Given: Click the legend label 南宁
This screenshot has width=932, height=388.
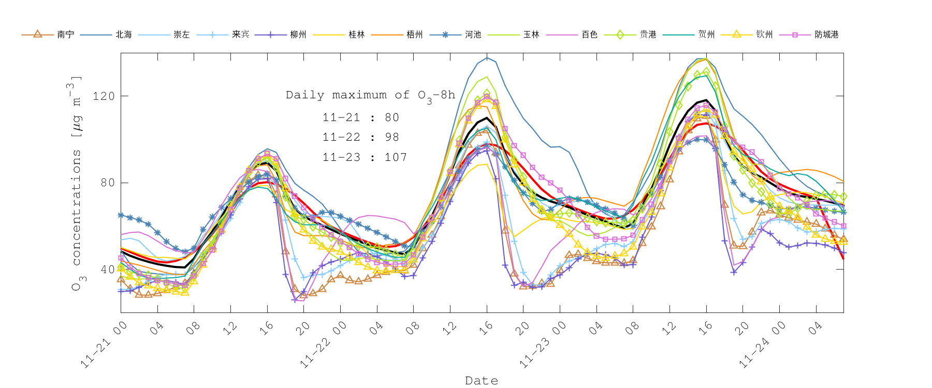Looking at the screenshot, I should point(66,35).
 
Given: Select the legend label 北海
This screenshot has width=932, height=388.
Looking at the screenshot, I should point(124,35).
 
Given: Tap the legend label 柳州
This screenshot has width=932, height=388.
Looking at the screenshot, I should point(298,35).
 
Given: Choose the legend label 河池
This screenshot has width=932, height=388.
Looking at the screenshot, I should point(473,35).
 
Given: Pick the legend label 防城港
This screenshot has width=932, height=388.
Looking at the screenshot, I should point(826,35).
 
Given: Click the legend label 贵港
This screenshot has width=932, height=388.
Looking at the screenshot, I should point(648,35).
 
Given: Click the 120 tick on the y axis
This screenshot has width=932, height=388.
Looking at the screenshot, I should point(104,96).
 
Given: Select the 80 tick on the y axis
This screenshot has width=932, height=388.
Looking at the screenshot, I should point(107,183).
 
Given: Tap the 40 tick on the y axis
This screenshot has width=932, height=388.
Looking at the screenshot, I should point(107,269).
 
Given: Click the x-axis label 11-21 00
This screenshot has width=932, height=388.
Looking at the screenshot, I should point(104,345).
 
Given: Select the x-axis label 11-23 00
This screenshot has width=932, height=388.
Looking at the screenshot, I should point(543,345).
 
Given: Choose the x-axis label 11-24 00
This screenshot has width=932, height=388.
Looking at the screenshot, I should point(763,345).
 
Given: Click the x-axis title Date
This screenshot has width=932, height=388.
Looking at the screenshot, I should point(482,381).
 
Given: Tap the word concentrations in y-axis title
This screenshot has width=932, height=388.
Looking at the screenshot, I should point(77,207).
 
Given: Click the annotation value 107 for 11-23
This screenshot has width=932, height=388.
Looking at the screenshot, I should point(396,157).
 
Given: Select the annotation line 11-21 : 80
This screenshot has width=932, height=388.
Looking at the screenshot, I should point(361,117).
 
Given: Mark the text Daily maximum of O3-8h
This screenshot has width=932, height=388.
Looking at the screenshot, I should point(370,96).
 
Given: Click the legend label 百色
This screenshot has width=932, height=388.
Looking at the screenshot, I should point(589,35).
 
